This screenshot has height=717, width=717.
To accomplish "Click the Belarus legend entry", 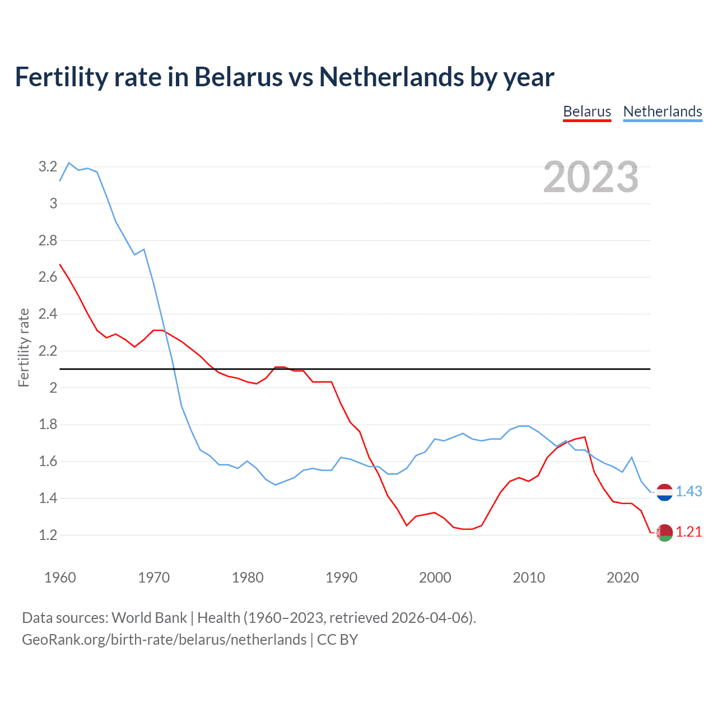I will [x=586, y=111].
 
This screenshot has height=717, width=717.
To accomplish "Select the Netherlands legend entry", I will [x=662, y=111].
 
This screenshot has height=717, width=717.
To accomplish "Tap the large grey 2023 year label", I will [x=590, y=177].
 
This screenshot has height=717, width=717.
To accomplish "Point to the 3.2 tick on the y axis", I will [x=48, y=166].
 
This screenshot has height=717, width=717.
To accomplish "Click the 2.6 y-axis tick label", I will [x=48, y=277].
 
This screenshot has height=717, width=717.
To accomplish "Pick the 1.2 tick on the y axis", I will [x=48, y=535].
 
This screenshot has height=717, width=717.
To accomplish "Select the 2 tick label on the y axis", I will [x=53, y=388].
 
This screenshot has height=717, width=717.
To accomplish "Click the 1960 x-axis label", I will [x=60, y=578].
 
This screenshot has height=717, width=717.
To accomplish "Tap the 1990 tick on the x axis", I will [x=341, y=578].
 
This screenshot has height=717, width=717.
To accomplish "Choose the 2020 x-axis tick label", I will [x=622, y=578].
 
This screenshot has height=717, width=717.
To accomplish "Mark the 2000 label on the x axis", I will [x=435, y=578].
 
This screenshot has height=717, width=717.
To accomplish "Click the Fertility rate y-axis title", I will [x=24, y=347].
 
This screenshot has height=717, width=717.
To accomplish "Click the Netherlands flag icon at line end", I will [x=664, y=492].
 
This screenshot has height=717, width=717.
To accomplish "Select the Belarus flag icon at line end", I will [x=664, y=533].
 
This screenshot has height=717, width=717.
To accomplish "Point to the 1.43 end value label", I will [x=688, y=491].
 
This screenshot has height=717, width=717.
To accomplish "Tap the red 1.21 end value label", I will [x=688, y=532].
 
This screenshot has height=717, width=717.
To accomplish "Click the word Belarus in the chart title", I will [x=238, y=77].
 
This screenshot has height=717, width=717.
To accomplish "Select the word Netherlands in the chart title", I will [x=392, y=77].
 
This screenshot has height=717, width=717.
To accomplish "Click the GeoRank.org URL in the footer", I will [x=164, y=640].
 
